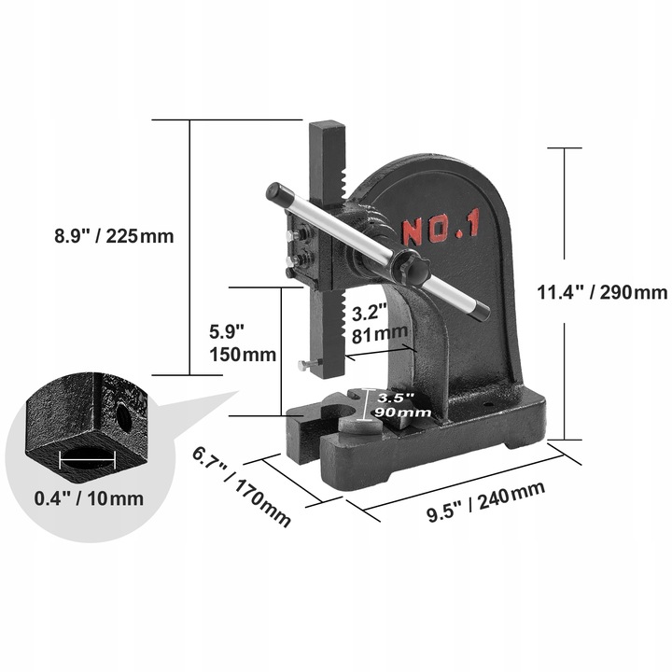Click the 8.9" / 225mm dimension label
click(114, 235)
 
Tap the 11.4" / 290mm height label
click(602, 291)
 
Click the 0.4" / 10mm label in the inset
click(88, 497)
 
